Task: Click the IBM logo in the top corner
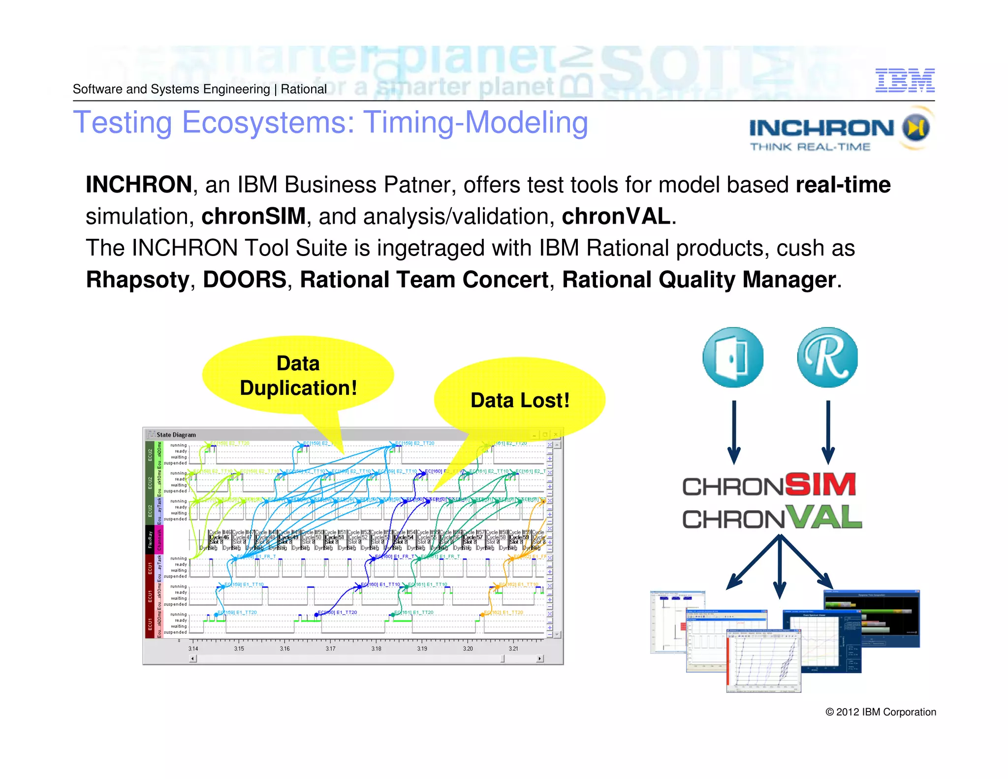tap(905, 80)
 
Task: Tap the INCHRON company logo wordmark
tap(821, 128)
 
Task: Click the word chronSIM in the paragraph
tap(253, 216)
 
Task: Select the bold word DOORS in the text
tap(245, 280)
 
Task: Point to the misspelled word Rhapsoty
tap(137, 280)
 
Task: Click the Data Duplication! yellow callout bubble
tap(298, 376)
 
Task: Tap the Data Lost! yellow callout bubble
tap(519, 400)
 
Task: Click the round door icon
tap(733, 357)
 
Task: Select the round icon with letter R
tap(827, 357)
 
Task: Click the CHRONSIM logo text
tap(769, 485)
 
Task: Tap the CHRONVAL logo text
tap(771, 518)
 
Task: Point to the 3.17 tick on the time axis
tap(330, 649)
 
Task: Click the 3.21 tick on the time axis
tap(513, 649)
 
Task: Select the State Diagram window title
tap(176, 435)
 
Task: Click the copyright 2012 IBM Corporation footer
tap(881, 712)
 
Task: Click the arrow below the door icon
tap(734, 431)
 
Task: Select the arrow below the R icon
tap(828, 431)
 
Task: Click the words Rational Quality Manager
tap(699, 280)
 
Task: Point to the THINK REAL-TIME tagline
tap(810, 147)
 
